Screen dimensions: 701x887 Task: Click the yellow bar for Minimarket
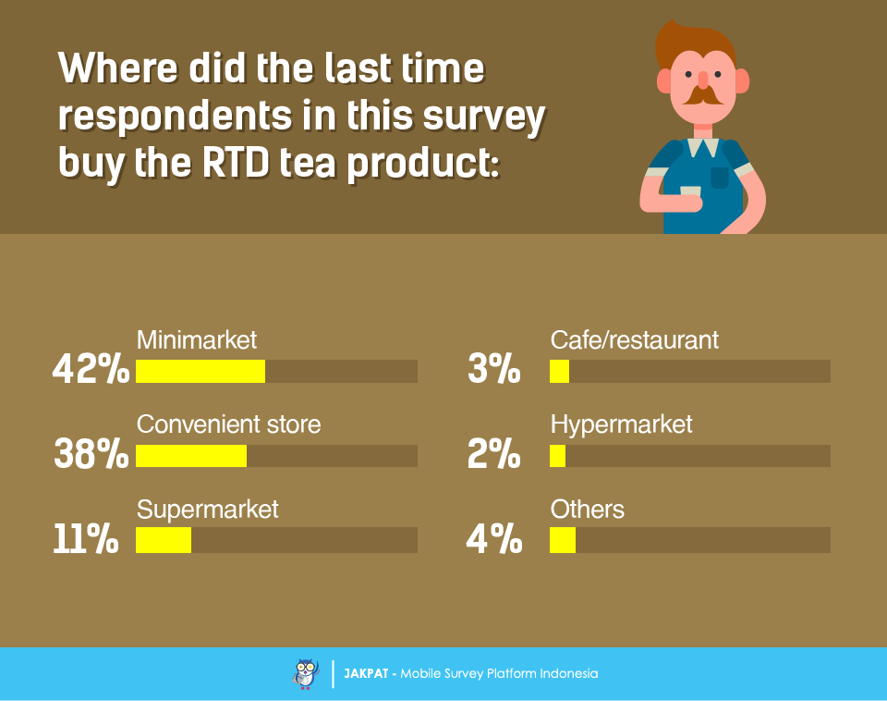pos(200,371)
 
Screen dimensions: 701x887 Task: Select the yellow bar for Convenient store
pos(191,456)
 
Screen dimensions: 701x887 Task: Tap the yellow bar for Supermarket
pos(164,540)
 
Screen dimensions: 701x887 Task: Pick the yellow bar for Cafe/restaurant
pos(559,371)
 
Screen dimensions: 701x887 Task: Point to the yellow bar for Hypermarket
pos(557,456)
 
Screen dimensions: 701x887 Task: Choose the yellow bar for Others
pos(563,540)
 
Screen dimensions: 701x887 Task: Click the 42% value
pos(91,371)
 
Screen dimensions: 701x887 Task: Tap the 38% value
pos(91,455)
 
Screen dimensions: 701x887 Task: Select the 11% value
pos(86,540)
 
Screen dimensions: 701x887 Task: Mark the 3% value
pos(494,371)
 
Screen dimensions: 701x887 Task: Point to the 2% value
pos(494,455)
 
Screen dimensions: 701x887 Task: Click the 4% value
pos(494,540)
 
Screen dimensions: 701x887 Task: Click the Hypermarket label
pos(621,424)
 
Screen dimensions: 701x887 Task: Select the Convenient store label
pos(228,424)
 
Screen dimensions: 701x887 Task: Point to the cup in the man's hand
pos(690,191)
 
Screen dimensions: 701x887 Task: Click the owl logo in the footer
pos(306,673)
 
